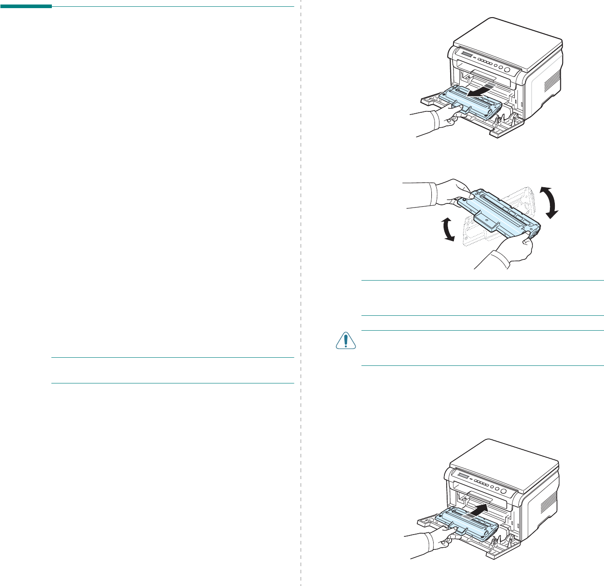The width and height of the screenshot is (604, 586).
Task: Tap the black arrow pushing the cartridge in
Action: pos(477,511)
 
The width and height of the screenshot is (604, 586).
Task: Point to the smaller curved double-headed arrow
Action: pos(447,228)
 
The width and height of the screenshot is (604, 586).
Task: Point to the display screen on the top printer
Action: pos(466,55)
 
